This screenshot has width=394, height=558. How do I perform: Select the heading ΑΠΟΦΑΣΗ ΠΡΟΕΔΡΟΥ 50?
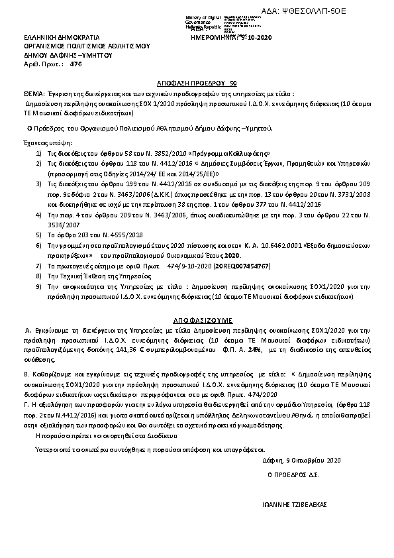(196, 85)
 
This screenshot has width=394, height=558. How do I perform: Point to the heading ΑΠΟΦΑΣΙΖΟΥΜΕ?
(196, 318)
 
